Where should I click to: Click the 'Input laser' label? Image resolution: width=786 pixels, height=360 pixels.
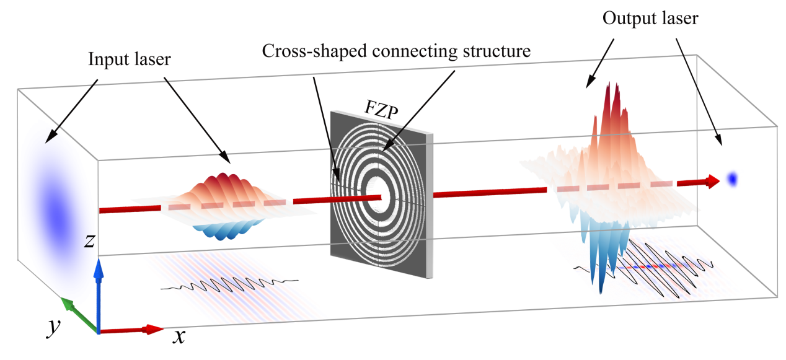coord(130,60)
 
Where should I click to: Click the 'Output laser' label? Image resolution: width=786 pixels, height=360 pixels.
coord(650,19)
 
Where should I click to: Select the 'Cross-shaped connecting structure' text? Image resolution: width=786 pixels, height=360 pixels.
coord(396,51)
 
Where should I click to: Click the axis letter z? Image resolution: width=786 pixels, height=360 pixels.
coord(90,242)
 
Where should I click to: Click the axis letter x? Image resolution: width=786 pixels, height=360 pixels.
coord(179,337)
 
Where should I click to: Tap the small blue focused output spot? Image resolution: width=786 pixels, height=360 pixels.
coord(733,179)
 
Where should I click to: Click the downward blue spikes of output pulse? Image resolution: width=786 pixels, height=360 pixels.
coord(595,260)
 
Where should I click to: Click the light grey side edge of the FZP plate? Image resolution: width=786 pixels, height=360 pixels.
coord(430,204)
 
